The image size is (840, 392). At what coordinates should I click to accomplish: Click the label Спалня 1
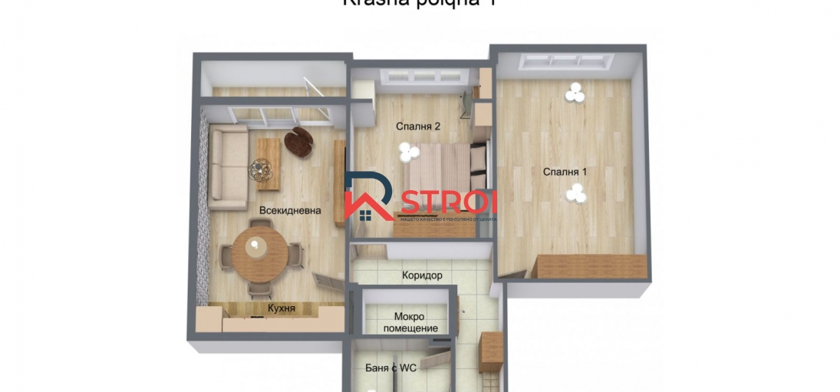(565, 172)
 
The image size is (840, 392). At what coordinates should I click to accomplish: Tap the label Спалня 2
(418, 127)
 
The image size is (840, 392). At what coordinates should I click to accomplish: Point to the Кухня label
(282, 308)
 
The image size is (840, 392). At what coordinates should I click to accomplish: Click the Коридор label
(422, 275)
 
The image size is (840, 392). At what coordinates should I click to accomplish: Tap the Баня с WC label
(390, 368)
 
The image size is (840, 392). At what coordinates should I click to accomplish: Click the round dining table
(256, 249)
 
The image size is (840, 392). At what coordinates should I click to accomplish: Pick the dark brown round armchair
(298, 143)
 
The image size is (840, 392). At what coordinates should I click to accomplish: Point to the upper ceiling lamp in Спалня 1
(573, 94)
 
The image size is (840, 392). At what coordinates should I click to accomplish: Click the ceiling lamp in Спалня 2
(407, 153)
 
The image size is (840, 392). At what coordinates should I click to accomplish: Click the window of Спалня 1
(569, 62)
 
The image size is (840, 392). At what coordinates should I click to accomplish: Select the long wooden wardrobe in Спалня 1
(591, 266)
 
